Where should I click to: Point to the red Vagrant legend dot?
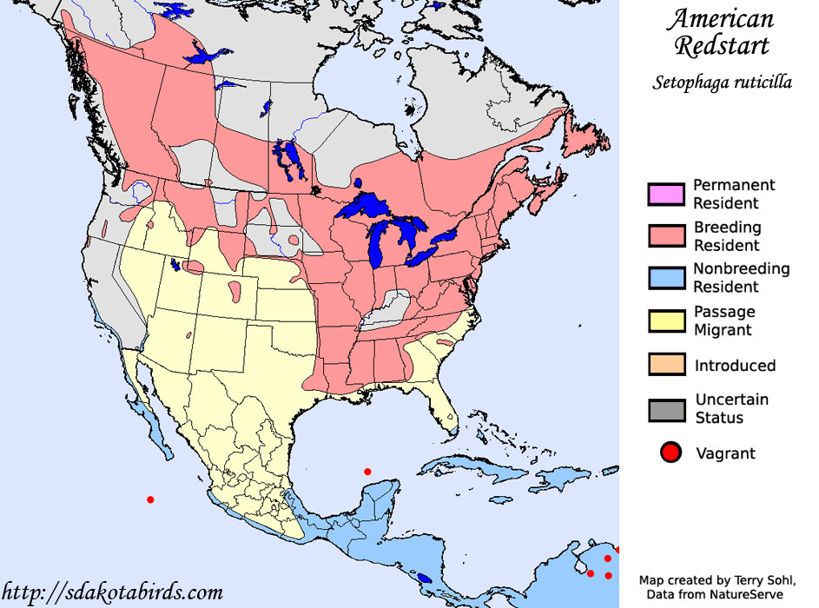pyautogui.click(x=670, y=453)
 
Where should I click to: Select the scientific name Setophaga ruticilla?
pyautogui.click(x=723, y=83)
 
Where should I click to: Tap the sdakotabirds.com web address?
pyautogui.click(x=112, y=592)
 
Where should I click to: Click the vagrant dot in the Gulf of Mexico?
pyautogui.click(x=367, y=472)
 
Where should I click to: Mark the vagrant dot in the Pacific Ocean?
pyautogui.click(x=150, y=499)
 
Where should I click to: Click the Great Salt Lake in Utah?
pyautogui.click(x=176, y=264)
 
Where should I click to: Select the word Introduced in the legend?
pyautogui.click(x=735, y=366)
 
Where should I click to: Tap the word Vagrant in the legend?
pyautogui.click(x=725, y=453)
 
